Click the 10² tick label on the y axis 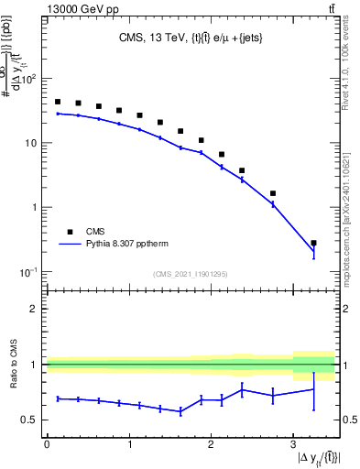tap(29, 79)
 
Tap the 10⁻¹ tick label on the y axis tap(28, 271)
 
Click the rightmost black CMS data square tap(313, 244)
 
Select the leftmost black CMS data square tap(58, 102)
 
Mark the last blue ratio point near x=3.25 tap(313, 389)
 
